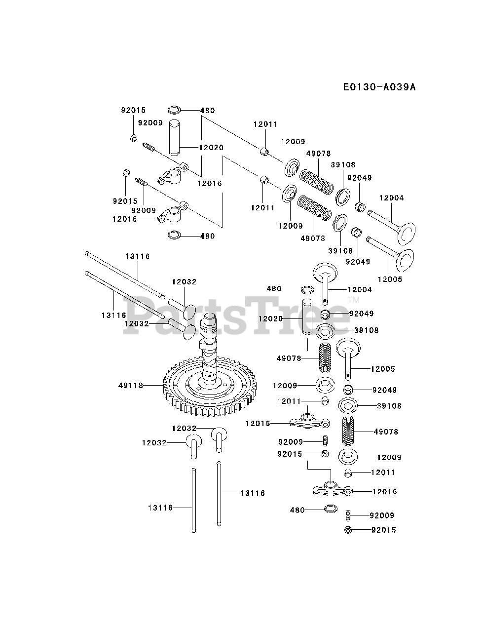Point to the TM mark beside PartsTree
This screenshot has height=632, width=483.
point(354,300)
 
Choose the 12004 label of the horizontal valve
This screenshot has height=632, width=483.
point(391,198)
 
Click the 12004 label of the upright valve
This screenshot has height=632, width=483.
point(360,290)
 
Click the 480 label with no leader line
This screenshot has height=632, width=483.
point(274,289)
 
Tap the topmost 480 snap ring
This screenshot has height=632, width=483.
point(175,110)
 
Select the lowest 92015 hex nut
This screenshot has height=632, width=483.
point(347,530)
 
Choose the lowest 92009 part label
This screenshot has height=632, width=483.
point(382,515)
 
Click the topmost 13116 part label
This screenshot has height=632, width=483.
point(137,257)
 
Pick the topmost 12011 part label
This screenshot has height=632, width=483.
point(265,124)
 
